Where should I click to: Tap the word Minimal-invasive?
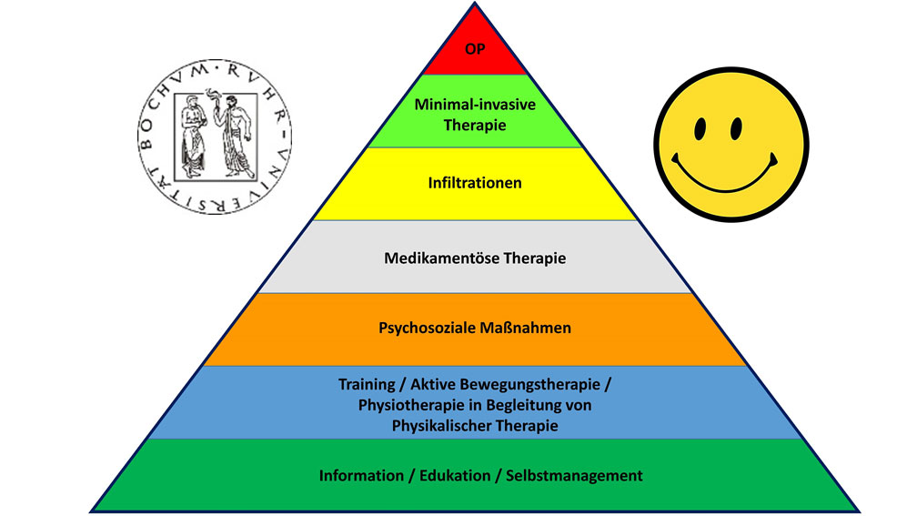click(x=474, y=105)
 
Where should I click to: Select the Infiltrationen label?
click(x=475, y=183)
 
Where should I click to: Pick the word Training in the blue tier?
click(x=366, y=386)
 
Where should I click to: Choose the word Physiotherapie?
click(x=407, y=405)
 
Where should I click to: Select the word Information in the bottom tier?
click(x=359, y=475)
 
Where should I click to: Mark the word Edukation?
click(x=452, y=475)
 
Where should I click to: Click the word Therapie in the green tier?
click(x=474, y=125)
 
